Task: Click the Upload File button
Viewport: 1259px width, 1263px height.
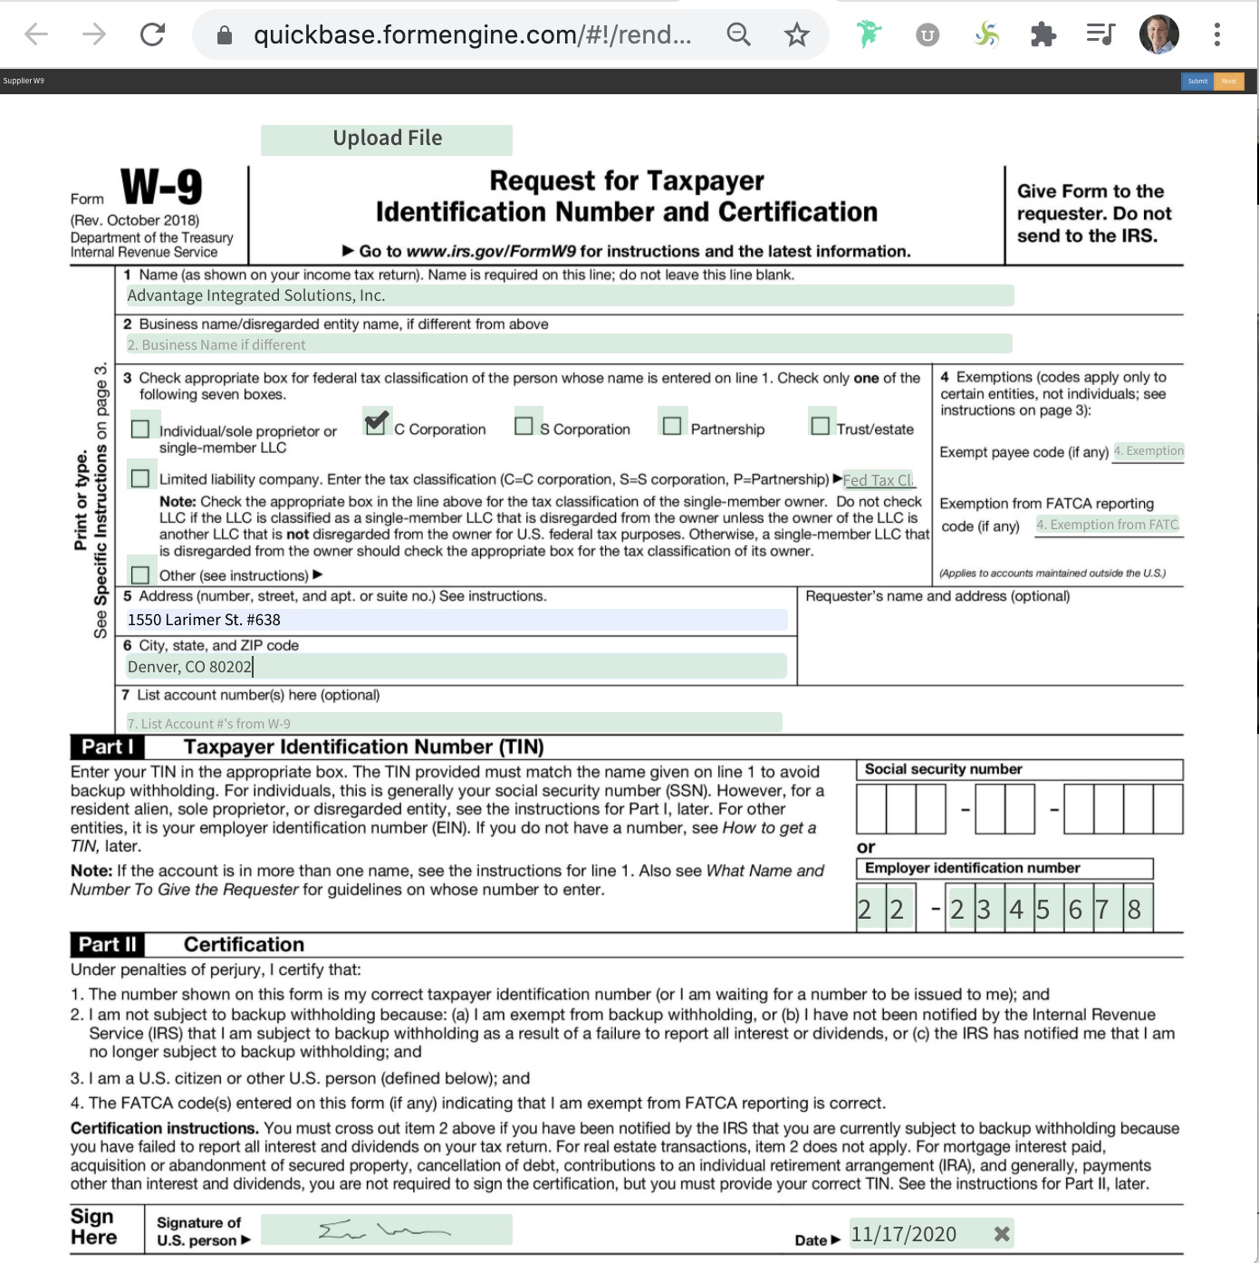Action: click(387, 139)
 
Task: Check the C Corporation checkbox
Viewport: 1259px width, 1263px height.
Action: click(376, 423)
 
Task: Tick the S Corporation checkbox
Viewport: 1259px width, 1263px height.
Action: click(524, 426)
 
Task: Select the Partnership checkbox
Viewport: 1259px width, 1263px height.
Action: click(672, 426)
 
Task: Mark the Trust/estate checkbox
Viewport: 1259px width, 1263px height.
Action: click(821, 426)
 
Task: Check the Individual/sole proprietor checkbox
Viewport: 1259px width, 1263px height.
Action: click(140, 429)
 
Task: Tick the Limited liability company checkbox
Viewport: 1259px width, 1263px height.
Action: click(140, 477)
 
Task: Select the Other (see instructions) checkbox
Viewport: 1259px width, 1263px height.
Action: click(140, 574)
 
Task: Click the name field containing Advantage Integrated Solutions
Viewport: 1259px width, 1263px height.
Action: click(569, 295)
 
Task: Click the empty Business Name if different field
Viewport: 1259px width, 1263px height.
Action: click(569, 344)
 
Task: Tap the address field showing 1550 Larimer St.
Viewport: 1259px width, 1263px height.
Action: click(457, 620)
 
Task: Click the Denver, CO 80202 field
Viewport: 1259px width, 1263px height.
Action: click(457, 667)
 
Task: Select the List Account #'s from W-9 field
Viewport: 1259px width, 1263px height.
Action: click(453, 723)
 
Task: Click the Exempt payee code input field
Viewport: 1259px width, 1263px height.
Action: click(1148, 451)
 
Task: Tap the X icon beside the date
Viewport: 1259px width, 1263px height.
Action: click(1002, 1234)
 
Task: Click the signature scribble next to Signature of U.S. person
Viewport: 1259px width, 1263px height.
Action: click(386, 1230)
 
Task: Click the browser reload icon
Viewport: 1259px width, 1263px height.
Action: click(152, 34)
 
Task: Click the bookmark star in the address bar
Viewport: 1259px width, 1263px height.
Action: click(796, 35)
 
